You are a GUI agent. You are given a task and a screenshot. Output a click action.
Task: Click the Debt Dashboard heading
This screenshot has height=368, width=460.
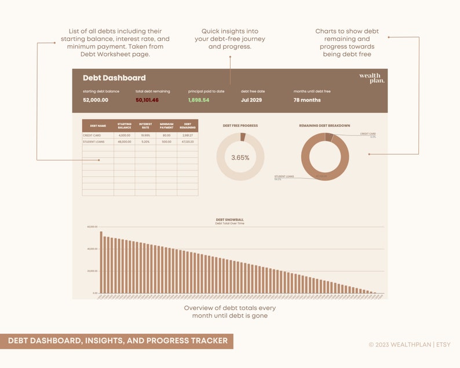pyautogui.click(x=114, y=78)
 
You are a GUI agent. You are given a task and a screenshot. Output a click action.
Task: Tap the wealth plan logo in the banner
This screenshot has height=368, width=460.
pyautogui.click(x=371, y=78)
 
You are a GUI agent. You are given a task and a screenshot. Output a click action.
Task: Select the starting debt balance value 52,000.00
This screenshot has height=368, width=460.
pyautogui.click(x=96, y=100)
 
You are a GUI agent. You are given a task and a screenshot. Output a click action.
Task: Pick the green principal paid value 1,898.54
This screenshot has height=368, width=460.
pyautogui.click(x=199, y=100)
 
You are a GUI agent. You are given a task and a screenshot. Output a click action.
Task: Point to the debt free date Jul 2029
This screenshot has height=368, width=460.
pyautogui.click(x=251, y=100)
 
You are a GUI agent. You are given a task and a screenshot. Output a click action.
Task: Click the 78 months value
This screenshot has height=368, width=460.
pyautogui.click(x=307, y=100)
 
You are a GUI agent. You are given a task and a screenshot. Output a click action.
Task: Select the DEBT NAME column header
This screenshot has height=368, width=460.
pyautogui.click(x=98, y=126)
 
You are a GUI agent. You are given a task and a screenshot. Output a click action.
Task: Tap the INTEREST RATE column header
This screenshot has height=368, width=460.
pyautogui.click(x=145, y=126)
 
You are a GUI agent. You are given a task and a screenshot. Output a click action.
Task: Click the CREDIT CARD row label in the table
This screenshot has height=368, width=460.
pyautogui.click(x=92, y=135)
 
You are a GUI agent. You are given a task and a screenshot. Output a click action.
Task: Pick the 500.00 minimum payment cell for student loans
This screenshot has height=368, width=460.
pyautogui.click(x=167, y=141)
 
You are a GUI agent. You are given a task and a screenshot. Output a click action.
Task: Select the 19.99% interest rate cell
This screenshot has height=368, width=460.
pyautogui.click(x=145, y=135)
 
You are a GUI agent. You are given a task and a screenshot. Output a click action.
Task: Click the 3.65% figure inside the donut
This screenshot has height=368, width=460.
pyautogui.click(x=240, y=158)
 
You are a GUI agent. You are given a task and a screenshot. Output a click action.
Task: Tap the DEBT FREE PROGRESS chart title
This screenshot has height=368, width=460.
pyautogui.click(x=240, y=125)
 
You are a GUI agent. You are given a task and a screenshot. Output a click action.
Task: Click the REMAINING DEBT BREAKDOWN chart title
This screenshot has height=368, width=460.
pyautogui.click(x=324, y=125)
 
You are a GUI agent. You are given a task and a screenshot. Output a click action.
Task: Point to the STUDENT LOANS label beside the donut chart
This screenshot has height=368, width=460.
pyautogui.click(x=284, y=176)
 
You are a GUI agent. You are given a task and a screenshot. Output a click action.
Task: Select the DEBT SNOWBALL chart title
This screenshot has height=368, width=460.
pyautogui.click(x=230, y=220)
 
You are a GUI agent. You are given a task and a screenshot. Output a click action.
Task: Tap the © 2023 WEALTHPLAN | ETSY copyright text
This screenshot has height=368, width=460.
pyautogui.click(x=410, y=344)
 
